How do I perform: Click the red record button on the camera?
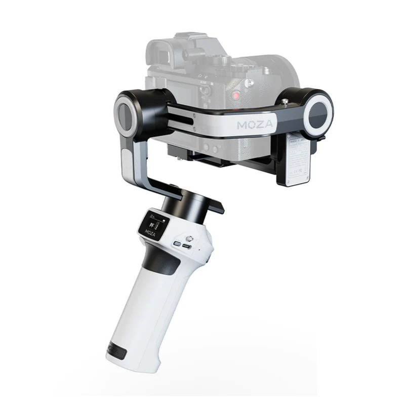[236, 95]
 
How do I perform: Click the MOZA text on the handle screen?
[150, 233]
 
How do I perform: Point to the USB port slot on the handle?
[187, 247]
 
